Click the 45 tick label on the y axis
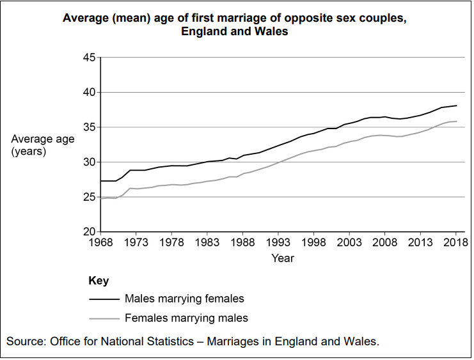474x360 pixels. [x=89, y=58]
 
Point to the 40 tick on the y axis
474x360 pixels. [x=89, y=93]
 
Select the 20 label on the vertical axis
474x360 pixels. [x=89, y=232]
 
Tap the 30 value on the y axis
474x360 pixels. [x=89, y=162]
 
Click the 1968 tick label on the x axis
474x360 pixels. [x=100, y=242]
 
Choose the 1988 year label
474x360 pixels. [x=242, y=242]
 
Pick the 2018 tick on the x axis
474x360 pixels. [x=455, y=242]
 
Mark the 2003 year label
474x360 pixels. [x=349, y=242]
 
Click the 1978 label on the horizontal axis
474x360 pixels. [x=171, y=242]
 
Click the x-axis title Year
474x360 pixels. [x=282, y=258]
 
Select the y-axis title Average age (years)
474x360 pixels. [x=38, y=145]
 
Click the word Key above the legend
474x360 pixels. [x=98, y=281]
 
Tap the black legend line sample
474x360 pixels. [x=102, y=299]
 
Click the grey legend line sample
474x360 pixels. [x=102, y=318]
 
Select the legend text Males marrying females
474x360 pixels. [x=184, y=299]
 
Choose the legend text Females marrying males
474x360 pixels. [x=186, y=318]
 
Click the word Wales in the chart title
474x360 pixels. [x=273, y=31]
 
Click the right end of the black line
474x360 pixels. [x=456, y=106]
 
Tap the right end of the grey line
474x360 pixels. [x=456, y=121]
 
